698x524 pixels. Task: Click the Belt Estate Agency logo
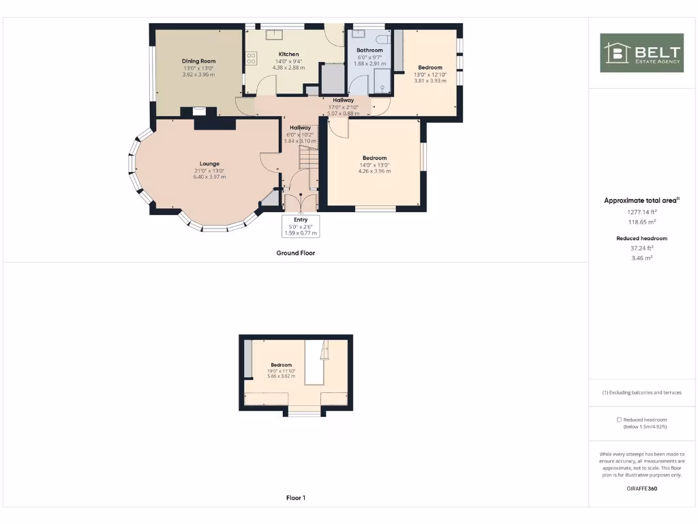(x=641, y=53)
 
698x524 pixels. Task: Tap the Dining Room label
(x=198, y=61)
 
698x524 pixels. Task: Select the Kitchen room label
(x=288, y=55)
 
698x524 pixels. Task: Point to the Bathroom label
(x=369, y=50)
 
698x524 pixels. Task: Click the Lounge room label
(x=209, y=164)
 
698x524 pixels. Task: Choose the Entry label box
(x=301, y=227)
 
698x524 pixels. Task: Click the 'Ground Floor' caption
(x=295, y=253)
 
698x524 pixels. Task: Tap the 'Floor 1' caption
(x=295, y=498)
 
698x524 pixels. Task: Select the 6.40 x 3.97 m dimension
(x=209, y=177)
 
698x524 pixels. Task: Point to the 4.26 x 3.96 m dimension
(x=374, y=171)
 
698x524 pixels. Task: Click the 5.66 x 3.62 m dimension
(x=281, y=377)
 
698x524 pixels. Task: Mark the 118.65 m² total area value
(x=641, y=222)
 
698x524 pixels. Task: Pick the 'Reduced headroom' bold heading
(x=641, y=238)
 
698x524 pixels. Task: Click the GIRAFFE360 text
(x=641, y=489)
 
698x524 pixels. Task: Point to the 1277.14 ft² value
(x=641, y=212)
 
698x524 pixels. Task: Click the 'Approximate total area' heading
(x=641, y=201)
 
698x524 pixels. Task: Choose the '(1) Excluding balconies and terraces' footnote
(x=641, y=392)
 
